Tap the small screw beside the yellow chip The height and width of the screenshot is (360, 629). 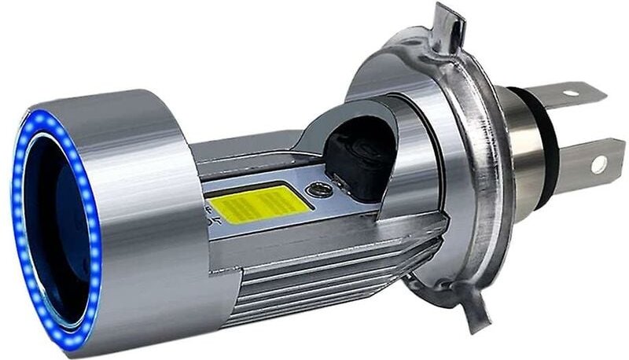[x=317, y=189]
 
